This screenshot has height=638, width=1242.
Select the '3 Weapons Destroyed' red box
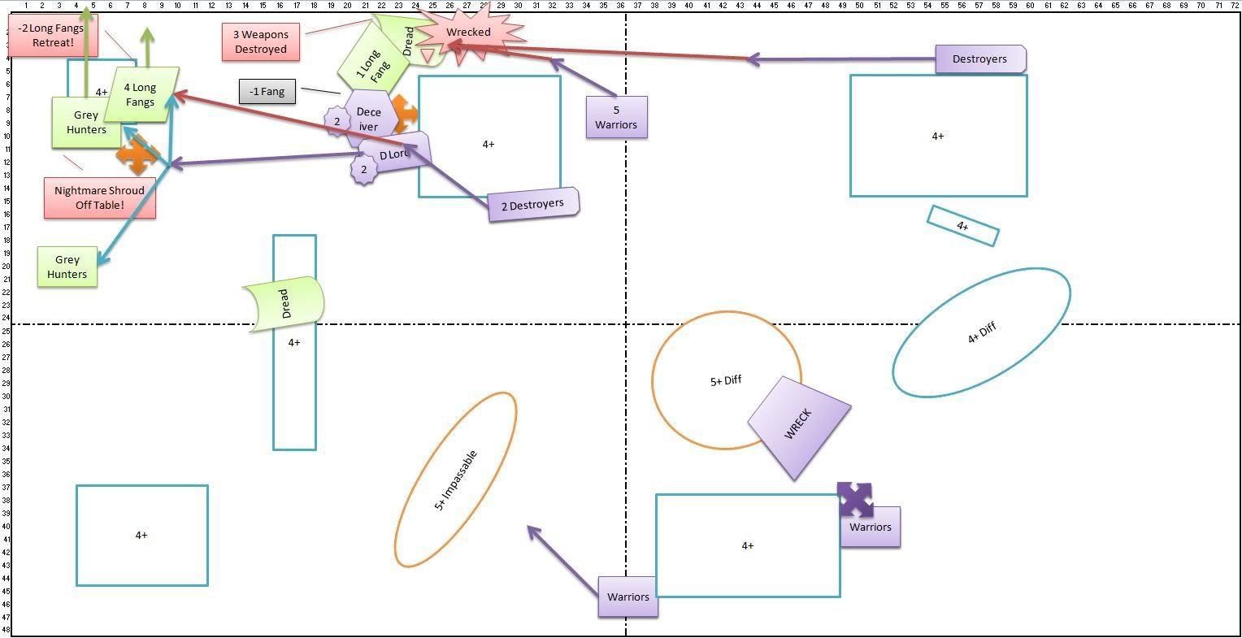coord(261,42)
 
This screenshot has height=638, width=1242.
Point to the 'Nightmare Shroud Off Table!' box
coord(100,197)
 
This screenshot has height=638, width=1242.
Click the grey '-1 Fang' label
coord(267,92)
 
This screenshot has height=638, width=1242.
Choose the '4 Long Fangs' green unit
coord(141,95)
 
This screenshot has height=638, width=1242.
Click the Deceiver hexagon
coord(368,119)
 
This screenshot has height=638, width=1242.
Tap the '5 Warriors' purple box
coord(616,117)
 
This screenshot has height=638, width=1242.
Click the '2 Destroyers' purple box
coord(533,205)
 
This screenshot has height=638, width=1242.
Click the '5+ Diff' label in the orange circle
coord(726,380)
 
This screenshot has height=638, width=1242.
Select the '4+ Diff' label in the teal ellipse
coord(982,333)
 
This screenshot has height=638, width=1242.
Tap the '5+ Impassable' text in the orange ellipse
coord(456,480)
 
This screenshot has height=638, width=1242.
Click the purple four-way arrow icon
coord(855,499)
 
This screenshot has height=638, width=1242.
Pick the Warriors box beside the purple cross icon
coord(871,527)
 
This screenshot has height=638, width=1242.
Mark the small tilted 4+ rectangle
coord(962,226)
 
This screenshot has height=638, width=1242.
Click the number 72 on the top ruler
coord(1233,5)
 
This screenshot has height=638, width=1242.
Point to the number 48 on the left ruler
coord(6,629)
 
